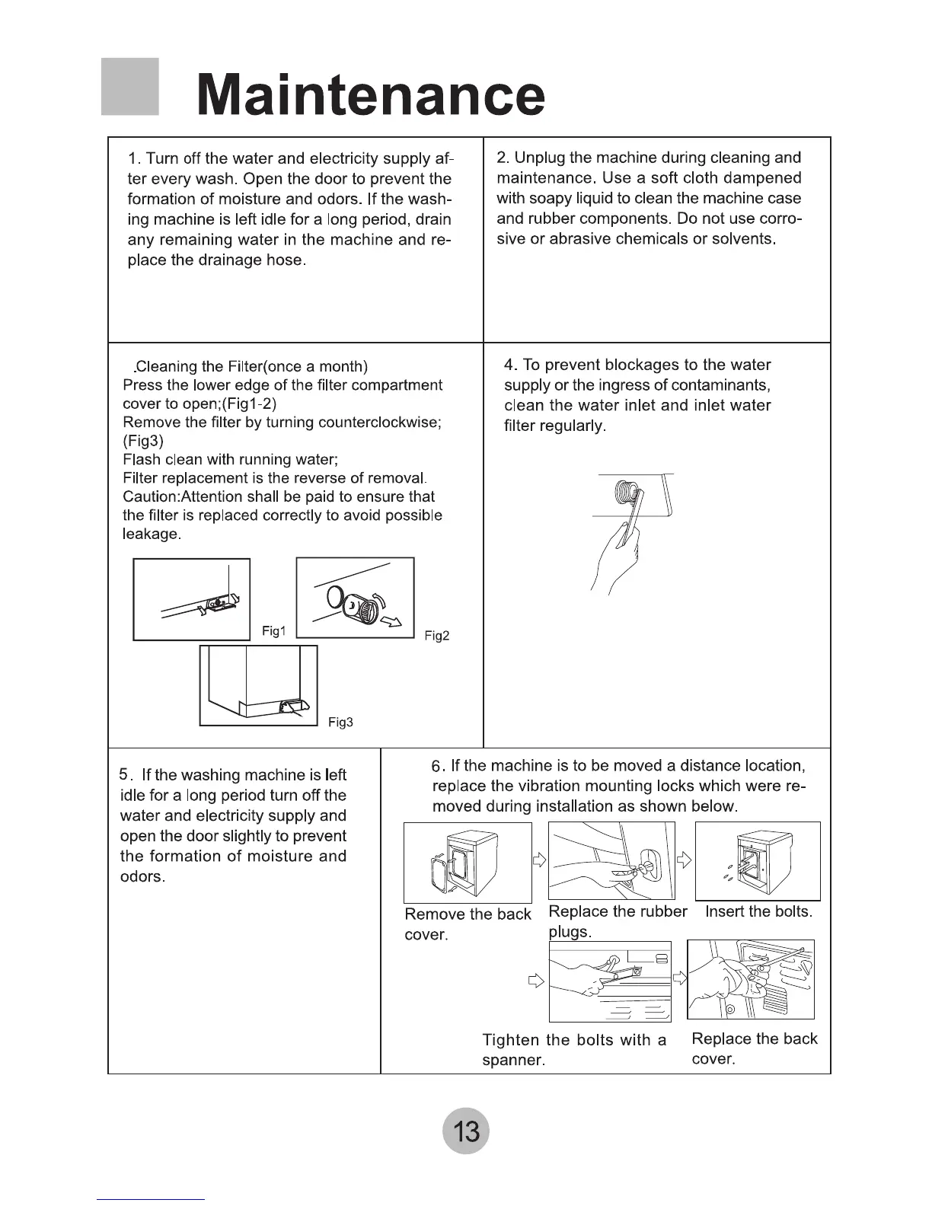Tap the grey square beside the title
pos(129,87)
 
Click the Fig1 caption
pos(273,631)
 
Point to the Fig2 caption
pos(437,636)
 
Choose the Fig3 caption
pos(340,723)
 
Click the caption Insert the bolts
pos(758,911)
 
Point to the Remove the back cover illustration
pos(468,863)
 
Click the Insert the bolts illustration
pos(758,861)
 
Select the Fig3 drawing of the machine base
pos(259,686)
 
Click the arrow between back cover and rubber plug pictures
pos(540,860)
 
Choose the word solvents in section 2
pos(743,239)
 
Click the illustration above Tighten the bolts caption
pos(610,981)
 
